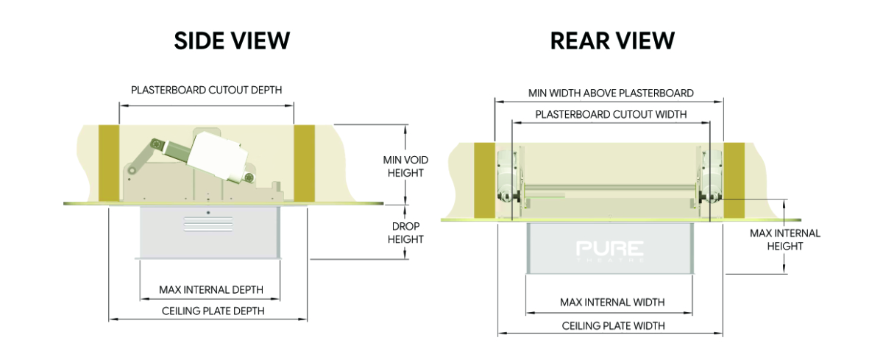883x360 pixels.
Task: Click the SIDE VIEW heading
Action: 232,40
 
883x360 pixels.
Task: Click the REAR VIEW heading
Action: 612,40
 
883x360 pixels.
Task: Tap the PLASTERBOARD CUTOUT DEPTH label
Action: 207,91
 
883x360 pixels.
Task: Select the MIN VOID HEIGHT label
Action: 405,166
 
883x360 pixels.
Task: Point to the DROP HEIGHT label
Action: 405,233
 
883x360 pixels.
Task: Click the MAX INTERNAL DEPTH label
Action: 211,290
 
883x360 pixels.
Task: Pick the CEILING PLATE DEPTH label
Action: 213,311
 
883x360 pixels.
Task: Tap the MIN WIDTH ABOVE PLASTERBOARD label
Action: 611,93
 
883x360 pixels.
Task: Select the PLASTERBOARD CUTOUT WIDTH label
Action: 611,114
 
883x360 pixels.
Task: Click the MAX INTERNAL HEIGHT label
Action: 785,240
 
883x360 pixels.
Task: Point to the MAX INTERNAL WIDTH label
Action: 612,303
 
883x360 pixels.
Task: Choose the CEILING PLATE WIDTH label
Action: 613,326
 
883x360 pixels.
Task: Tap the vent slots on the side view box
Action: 208,224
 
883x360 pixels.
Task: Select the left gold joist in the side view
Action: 109,163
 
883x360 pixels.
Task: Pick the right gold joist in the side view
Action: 305,163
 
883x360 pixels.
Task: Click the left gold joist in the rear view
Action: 484,180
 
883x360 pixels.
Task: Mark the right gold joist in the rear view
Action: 734,180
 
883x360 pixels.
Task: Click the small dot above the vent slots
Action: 208,213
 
